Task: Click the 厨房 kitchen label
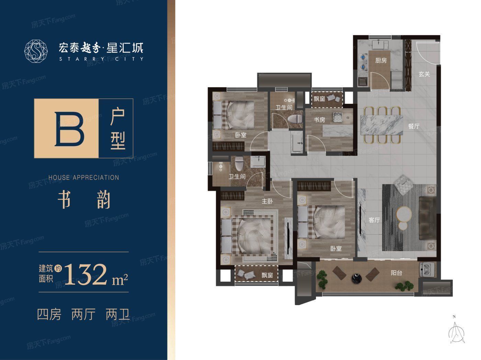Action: pyautogui.click(x=381, y=61)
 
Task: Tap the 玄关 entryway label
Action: pyautogui.click(x=424, y=74)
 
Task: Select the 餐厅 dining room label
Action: pyautogui.click(x=414, y=126)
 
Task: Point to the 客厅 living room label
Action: pyautogui.click(x=374, y=220)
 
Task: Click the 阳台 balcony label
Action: pyautogui.click(x=396, y=273)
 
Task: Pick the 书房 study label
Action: pyautogui.click(x=320, y=120)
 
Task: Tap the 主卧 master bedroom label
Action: pyautogui.click(x=267, y=201)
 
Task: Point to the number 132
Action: pyautogui.click(x=89, y=275)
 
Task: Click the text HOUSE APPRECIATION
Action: pyautogui.click(x=84, y=178)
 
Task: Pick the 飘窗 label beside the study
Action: pyautogui.click(x=319, y=99)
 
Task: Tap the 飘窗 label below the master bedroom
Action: pyautogui.click(x=267, y=275)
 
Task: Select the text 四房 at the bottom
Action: pyautogui.click(x=49, y=314)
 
